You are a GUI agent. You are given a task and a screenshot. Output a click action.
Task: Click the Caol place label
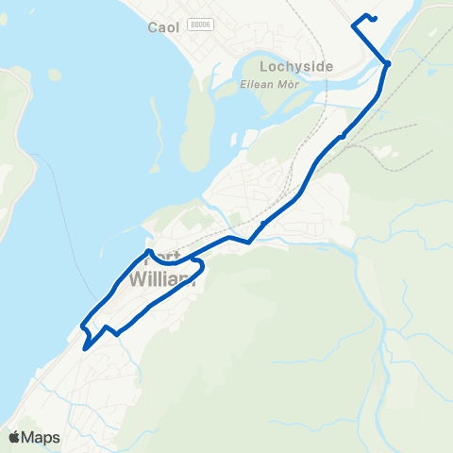pos(164,27)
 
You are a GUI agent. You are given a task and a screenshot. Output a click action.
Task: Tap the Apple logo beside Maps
pos(14,437)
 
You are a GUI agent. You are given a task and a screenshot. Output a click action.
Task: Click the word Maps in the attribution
pos(42,437)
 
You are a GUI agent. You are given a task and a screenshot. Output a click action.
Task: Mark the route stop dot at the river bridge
pos(387,63)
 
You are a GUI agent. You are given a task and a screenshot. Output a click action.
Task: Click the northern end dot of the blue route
pos(374,18)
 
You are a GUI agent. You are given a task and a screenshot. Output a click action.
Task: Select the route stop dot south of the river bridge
pos(343,136)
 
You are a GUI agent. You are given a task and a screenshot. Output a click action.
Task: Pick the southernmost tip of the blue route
pos(85,349)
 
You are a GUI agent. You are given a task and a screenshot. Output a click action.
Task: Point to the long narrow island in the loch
pos(196,123)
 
